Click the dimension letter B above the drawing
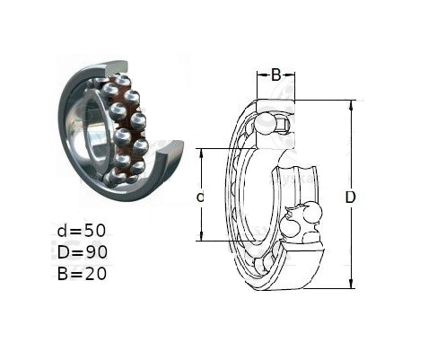tap(275, 75)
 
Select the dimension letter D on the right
tap(350, 198)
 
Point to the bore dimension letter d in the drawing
tap(200, 197)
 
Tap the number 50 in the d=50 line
tap(95, 231)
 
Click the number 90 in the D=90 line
tap(96, 252)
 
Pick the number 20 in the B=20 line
tap(96, 274)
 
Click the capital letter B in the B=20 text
tap(63, 274)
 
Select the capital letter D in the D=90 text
tap(64, 252)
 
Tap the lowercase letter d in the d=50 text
tap(62, 231)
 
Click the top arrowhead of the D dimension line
tap(352, 104)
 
